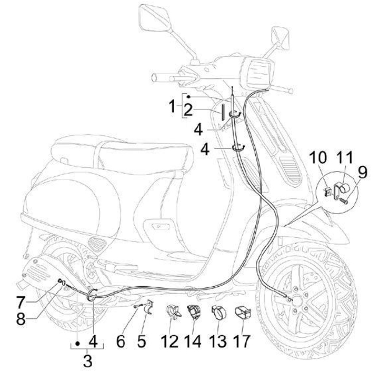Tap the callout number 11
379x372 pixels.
pyautogui.click(x=342, y=158)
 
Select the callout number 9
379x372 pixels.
pyautogui.click(x=362, y=171)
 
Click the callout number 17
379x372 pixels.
pyautogui.click(x=243, y=341)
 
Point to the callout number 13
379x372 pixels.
pyautogui.click(x=216, y=341)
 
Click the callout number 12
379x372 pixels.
pyautogui.click(x=170, y=341)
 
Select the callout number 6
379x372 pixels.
pyautogui.click(x=120, y=341)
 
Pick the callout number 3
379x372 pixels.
pyautogui.click(x=87, y=361)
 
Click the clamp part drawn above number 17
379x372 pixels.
pyautogui.click(x=243, y=313)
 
